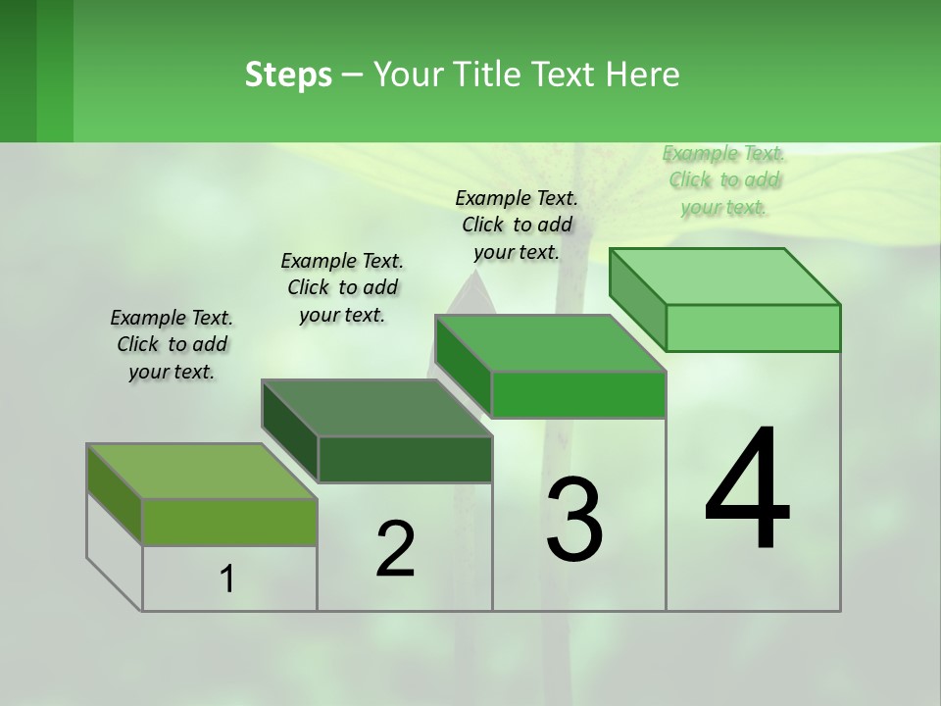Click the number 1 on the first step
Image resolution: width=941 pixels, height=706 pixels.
click(x=227, y=580)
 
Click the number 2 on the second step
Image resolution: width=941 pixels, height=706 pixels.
click(x=395, y=549)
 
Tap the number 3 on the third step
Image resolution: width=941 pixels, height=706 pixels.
click(x=574, y=520)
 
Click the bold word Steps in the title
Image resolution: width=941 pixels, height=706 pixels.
click(x=288, y=75)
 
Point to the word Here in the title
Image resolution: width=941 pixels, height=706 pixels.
click(x=643, y=75)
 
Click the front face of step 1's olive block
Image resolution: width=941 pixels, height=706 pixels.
click(x=229, y=522)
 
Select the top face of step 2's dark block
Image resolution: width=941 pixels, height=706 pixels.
click(x=377, y=407)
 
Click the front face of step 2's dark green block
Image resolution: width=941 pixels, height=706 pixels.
click(x=404, y=459)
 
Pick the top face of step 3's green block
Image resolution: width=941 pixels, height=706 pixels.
click(x=551, y=343)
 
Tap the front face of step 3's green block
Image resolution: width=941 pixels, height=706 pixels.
click(x=578, y=394)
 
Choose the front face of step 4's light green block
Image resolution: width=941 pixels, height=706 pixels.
click(x=753, y=328)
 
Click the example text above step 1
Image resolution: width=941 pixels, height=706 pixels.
click(x=172, y=344)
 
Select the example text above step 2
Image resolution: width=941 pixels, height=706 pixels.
click(x=342, y=287)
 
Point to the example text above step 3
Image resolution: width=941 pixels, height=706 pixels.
click(x=517, y=225)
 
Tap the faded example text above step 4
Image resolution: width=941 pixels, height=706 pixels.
click(x=723, y=179)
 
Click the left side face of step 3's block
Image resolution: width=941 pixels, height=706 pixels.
click(x=463, y=365)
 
